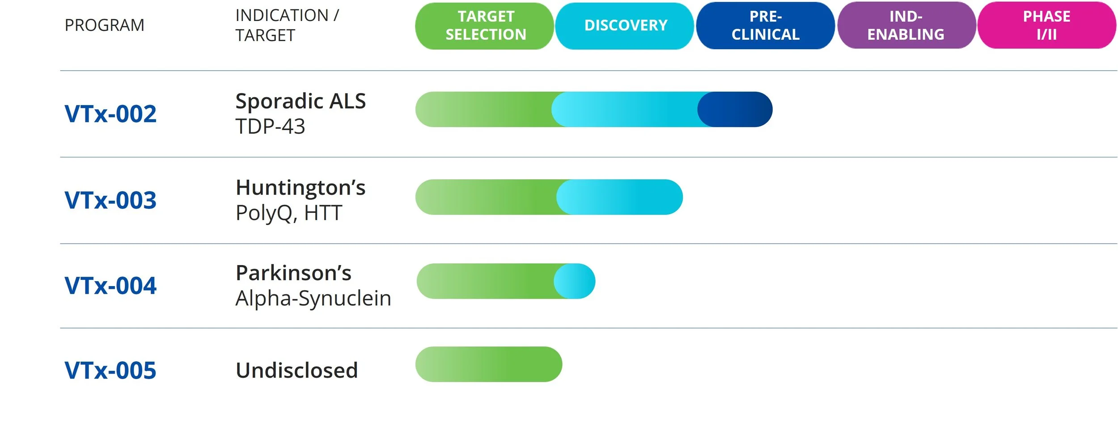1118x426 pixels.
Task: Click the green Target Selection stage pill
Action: pyautogui.click(x=485, y=26)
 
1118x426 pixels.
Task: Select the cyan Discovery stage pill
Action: pyautogui.click(x=625, y=26)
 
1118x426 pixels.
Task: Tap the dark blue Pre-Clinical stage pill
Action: pyautogui.click(x=765, y=26)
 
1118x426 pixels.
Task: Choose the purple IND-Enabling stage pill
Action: pyautogui.click(x=906, y=26)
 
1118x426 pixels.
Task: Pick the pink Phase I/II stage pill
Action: pyautogui.click(x=1046, y=26)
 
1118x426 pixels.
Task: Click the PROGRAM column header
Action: pyautogui.click(x=104, y=25)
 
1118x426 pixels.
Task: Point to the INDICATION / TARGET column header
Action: pyautogui.click(x=287, y=25)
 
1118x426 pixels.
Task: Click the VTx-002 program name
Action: pyautogui.click(x=110, y=114)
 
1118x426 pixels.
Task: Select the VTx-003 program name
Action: pyautogui.click(x=110, y=200)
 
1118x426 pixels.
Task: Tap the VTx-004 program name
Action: pyautogui.click(x=110, y=286)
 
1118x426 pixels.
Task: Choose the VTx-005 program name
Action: pyautogui.click(x=110, y=371)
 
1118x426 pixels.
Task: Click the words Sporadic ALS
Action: pyautogui.click(x=301, y=101)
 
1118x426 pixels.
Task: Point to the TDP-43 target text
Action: pyautogui.click(x=270, y=127)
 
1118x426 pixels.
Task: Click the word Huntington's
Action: pyautogui.click(x=301, y=188)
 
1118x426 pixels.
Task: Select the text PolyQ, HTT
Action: pyautogui.click(x=289, y=213)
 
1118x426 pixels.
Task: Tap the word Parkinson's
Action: pyautogui.click(x=293, y=273)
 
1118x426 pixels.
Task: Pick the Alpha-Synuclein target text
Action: pyautogui.click(x=313, y=298)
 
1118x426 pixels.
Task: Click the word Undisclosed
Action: pyautogui.click(x=296, y=371)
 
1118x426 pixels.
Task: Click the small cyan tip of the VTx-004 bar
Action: pyautogui.click(x=577, y=281)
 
